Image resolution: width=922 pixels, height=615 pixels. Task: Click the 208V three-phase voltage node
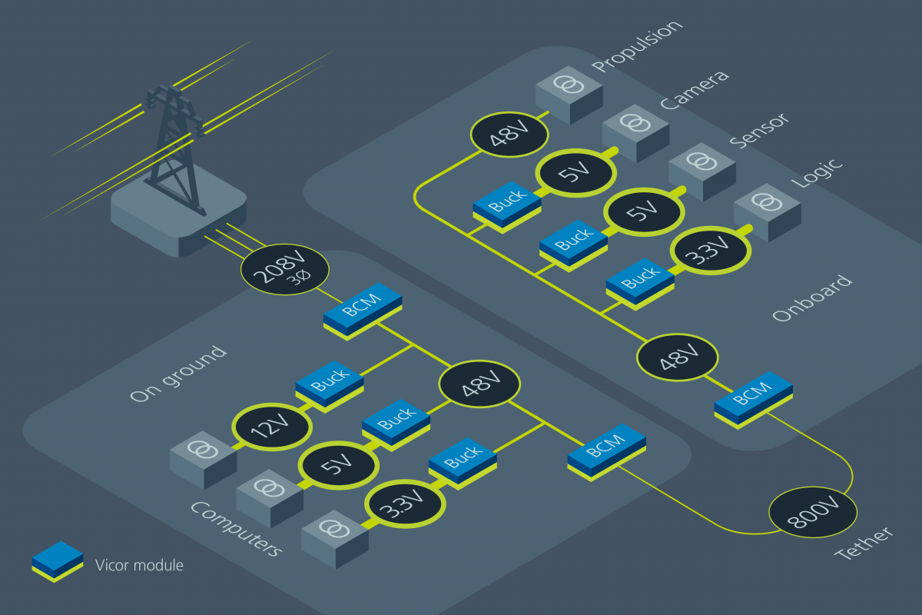pyautogui.click(x=285, y=271)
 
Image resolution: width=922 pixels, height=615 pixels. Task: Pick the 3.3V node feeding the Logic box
pyautogui.click(x=711, y=251)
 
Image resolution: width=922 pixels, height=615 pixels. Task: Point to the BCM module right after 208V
pyautogui.click(x=363, y=309)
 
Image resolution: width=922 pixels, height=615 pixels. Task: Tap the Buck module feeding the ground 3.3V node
pyautogui.click(x=463, y=460)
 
